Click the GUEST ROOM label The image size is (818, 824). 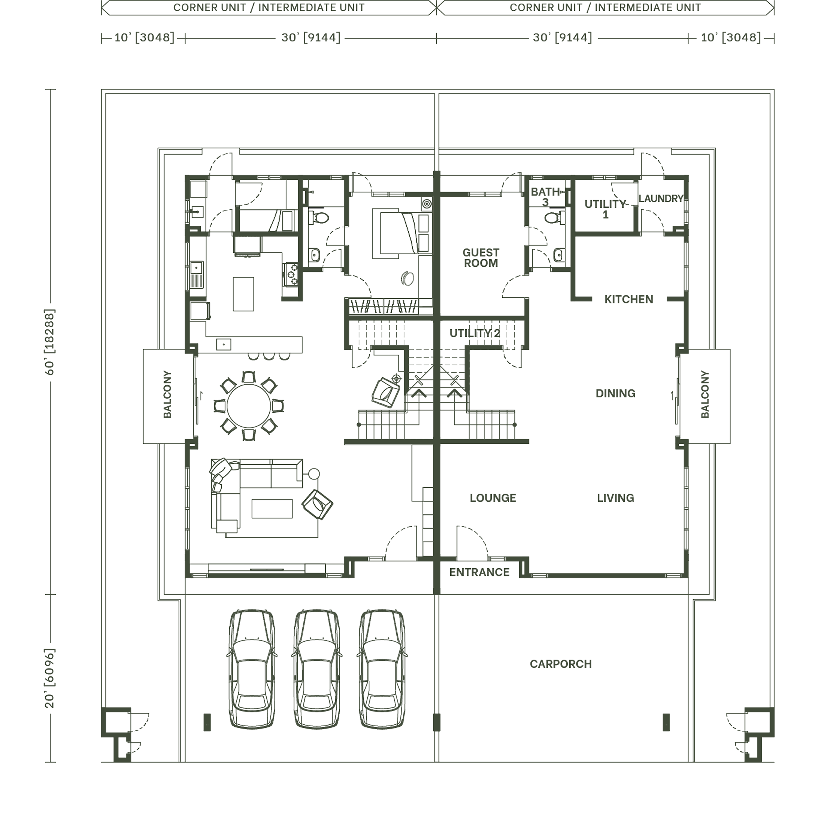pos(481,258)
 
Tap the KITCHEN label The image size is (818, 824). pos(628,299)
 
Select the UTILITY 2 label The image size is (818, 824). pos(475,333)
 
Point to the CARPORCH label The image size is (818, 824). pos(560,664)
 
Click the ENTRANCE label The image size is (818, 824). pos(479,572)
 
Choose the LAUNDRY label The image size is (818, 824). pos(661,199)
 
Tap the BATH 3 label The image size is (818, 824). pos(545,197)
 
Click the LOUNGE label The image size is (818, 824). pos(493,498)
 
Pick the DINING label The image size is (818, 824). pos(615,393)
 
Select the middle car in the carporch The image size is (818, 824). pos(316,669)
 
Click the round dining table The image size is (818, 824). pos(249,406)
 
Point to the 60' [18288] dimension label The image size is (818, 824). pos(50,342)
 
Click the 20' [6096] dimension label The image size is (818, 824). pos(50,679)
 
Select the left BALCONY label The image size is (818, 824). pos(167,394)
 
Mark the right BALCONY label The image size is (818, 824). pos(705,394)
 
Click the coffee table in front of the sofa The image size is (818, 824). pos(272,509)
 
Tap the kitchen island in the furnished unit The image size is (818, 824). pos(243,294)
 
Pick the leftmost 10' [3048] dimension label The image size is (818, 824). pos(144,37)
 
